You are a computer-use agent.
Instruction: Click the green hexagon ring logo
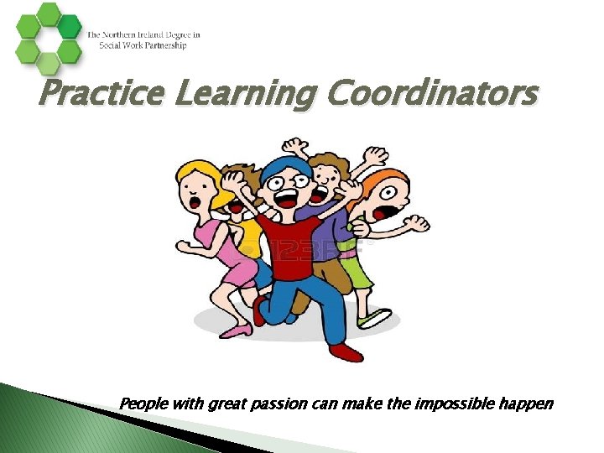point(49,37)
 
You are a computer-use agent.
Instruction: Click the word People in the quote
point(143,404)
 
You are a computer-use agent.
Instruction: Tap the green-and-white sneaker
point(375,319)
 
